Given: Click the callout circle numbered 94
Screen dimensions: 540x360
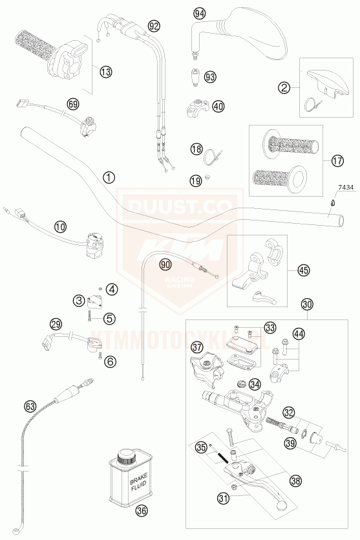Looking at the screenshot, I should pyautogui.click(x=199, y=14).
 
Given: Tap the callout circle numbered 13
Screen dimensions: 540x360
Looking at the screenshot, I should pyautogui.click(x=106, y=71).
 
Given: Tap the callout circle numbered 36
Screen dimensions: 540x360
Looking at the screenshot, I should pyautogui.click(x=141, y=511).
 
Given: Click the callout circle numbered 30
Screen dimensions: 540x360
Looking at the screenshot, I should pyautogui.click(x=306, y=303).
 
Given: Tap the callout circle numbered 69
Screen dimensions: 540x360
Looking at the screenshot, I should pyautogui.click(x=72, y=103).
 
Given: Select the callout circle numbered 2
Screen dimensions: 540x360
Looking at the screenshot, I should pyautogui.click(x=284, y=86).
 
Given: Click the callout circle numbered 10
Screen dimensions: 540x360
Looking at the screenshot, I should pyautogui.click(x=60, y=226).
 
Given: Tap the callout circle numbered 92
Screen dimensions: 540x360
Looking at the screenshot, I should pyautogui.click(x=153, y=26).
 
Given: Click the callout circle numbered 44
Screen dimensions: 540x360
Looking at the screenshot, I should pyautogui.click(x=297, y=333).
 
